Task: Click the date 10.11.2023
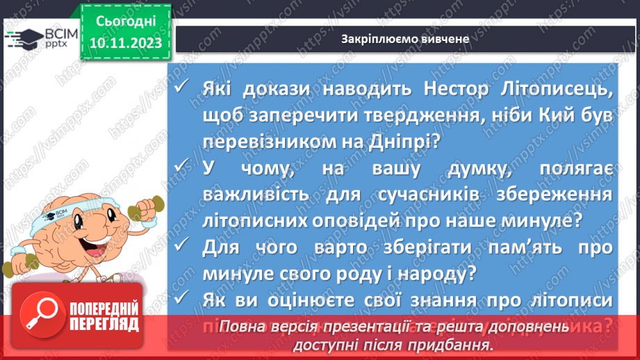coord(125,42)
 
